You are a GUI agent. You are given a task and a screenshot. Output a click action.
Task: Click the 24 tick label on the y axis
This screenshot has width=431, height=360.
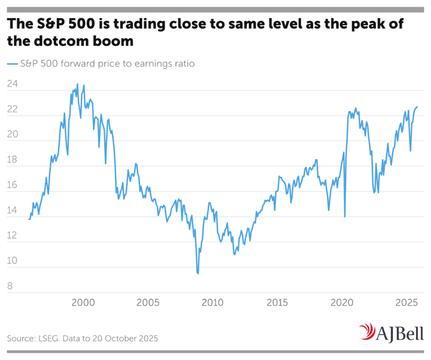[x=13, y=84]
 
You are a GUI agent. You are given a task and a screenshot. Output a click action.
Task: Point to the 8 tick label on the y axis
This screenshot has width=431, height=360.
[x=10, y=287]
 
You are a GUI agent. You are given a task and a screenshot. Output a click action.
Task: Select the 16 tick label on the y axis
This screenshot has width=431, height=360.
[x=13, y=186]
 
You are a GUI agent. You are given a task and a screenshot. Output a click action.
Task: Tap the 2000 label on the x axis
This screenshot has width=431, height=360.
[x=83, y=302]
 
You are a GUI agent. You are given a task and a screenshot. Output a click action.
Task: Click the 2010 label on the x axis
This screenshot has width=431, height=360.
[x=213, y=302]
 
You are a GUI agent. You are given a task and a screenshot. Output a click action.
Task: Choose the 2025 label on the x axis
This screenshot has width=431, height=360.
[x=407, y=302]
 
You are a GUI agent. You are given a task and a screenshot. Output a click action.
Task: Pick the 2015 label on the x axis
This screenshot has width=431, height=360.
[x=277, y=302]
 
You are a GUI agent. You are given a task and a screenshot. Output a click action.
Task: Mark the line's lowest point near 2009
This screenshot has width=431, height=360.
[x=198, y=274]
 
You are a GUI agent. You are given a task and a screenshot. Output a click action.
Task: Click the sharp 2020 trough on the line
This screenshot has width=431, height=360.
[x=344, y=217]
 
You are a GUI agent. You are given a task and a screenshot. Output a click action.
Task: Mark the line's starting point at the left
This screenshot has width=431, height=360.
[x=29, y=219]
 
